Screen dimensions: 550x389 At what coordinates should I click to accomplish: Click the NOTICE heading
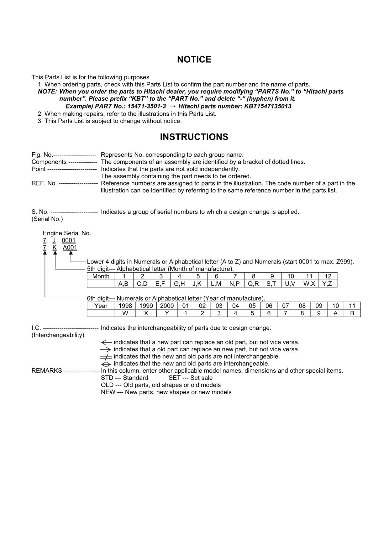[x=194, y=60]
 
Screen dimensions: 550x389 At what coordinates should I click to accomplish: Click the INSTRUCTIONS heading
[x=194, y=137]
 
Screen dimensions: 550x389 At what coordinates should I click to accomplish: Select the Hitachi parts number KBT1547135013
[x=268, y=106]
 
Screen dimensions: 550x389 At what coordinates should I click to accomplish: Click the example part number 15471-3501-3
[x=146, y=106]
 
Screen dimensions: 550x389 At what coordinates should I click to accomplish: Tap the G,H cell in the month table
[x=179, y=284]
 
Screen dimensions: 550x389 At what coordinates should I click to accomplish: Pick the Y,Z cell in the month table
[x=327, y=284]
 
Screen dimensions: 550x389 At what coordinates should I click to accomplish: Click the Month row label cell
[x=101, y=276]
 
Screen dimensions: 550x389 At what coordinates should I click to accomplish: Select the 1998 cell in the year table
[x=125, y=306]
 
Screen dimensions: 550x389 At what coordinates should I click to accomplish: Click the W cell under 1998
[x=125, y=313]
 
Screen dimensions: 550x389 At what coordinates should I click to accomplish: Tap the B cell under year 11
[x=352, y=313]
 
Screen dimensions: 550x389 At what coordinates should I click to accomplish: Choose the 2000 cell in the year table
[x=166, y=306]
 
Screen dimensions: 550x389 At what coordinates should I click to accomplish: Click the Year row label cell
[x=101, y=306]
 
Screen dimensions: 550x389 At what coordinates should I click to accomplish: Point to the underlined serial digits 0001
[x=68, y=240]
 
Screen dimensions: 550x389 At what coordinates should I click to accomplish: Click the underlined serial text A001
[x=70, y=248]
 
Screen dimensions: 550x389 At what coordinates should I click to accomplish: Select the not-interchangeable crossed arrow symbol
[x=106, y=357]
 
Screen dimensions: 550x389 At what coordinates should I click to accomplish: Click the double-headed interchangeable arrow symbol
[x=106, y=364]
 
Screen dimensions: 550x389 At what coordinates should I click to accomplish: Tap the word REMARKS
[x=47, y=371]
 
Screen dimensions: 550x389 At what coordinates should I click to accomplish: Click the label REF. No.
[x=44, y=183]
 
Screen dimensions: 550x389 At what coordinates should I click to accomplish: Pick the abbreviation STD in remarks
[x=107, y=378]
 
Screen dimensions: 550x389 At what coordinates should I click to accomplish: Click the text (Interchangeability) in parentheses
[x=58, y=335]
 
